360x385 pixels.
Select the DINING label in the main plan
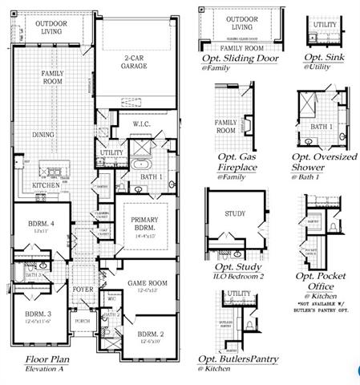point(42,135)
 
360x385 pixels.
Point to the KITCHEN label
point(46,185)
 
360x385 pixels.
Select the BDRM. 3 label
point(35,314)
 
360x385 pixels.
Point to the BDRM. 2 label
point(151,333)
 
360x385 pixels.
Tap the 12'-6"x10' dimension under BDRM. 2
point(151,342)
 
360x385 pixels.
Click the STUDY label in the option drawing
point(234,214)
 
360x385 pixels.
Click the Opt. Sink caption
point(324,59)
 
